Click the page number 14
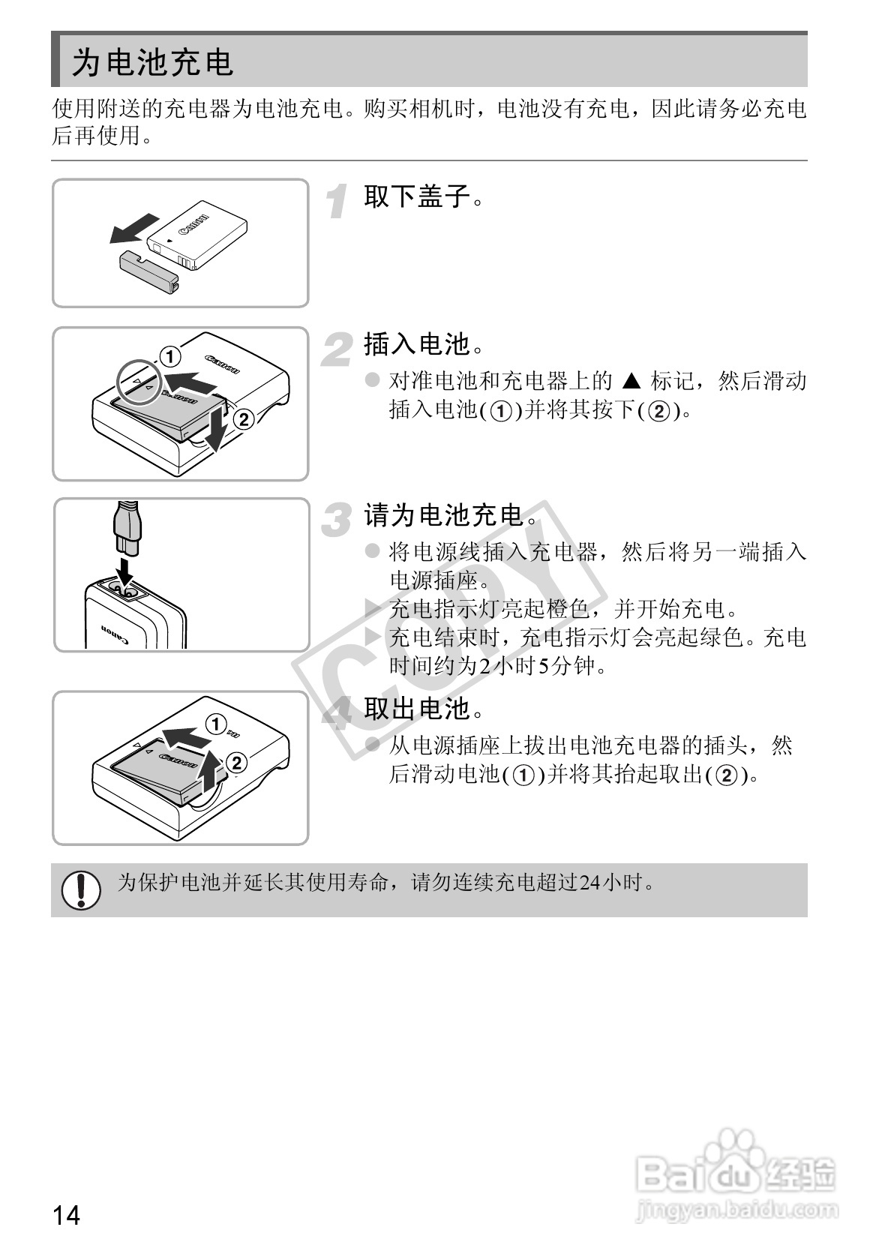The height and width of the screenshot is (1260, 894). tap(66, 1214)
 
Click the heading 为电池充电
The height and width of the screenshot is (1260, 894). tap(153, 62)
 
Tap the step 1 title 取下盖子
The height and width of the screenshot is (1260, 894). tap(418, 196)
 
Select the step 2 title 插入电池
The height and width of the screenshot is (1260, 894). tap(418, 344)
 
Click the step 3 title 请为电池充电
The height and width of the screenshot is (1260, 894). tap(444, 515)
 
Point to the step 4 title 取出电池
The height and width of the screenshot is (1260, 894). tap(418, 708)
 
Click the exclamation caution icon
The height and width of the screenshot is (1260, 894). tap(81, 890)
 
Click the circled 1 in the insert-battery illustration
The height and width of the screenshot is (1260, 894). tap(170, 355)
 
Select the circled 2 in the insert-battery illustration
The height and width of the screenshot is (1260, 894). tap(244, 419)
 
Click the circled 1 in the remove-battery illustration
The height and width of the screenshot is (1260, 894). tap(216, 724)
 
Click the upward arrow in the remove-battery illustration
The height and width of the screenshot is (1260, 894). tap(211, 774)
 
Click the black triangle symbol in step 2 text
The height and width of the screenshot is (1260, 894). tap(631, 382)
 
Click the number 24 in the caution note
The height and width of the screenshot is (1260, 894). tap(589, 883)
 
